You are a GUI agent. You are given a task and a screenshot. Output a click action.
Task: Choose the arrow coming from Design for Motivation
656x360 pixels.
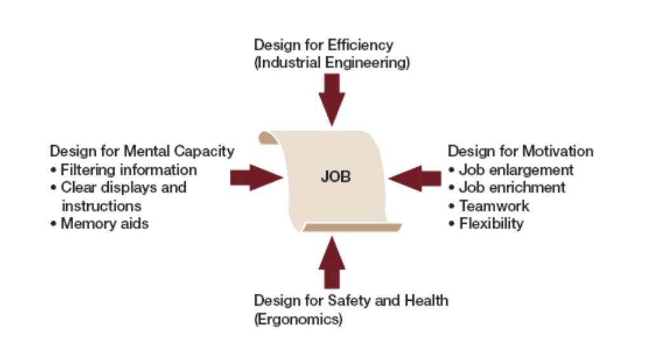tap(414, 177)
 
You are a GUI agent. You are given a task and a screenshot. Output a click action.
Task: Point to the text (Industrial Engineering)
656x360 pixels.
tap(332, 63)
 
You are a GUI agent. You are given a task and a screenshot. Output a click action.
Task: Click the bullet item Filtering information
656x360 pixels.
tap(128, 170)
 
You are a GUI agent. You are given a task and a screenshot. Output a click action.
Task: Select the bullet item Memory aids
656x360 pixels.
tap(105, 223)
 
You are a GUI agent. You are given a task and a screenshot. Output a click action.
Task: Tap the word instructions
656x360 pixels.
tap(102, 205)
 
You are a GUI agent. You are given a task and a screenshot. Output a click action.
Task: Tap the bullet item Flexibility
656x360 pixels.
tap(491, 223)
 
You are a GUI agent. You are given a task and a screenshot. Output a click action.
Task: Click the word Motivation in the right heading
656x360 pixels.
tap(557, 151)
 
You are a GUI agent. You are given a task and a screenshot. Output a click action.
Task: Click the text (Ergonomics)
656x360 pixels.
tap(298, 319)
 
